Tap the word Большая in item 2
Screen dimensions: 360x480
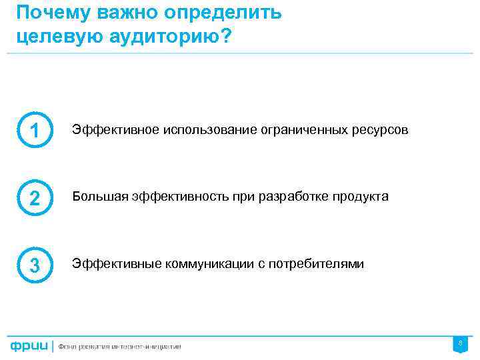[95, 197]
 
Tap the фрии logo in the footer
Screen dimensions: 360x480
[29, 346]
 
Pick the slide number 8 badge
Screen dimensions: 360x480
[459, 343]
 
